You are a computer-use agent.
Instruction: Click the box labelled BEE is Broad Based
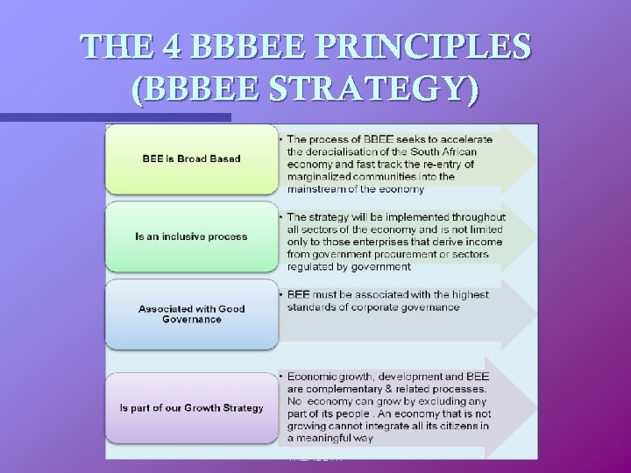tap(191, 159)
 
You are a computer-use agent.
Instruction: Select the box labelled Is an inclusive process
tap(191, 236)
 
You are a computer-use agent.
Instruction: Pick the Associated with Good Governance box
tap(191, 314)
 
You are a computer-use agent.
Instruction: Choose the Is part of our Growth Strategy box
tap(191, 408)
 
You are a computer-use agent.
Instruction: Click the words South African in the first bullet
tap(459, 152)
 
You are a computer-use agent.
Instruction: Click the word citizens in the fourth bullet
tap(436, 426)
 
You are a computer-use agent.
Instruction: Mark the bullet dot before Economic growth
tap(280, 377)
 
